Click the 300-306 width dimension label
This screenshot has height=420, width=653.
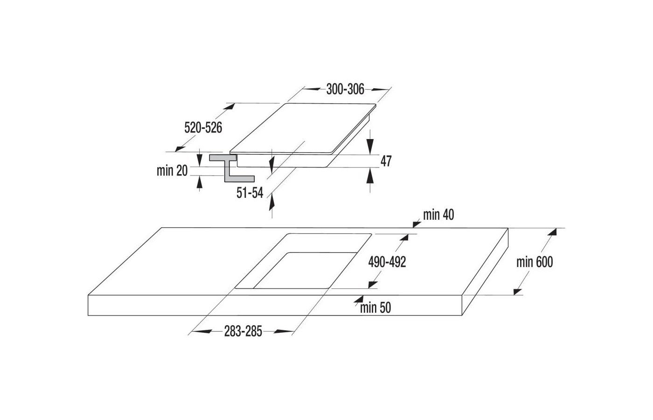click(x=345, y=89)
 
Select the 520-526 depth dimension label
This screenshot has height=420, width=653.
click(x=203, y=128)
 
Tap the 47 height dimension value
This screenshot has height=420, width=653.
click(x=386, y=161)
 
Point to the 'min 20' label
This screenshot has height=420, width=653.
click(x=172, y=171)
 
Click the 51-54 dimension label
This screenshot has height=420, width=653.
click(x=250, y=193)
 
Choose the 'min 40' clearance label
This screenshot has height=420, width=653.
click(x=438, y=215)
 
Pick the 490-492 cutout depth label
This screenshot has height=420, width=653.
click(x=387, y=262)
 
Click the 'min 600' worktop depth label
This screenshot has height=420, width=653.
click(x=535, y=262)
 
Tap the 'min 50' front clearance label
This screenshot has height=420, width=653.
click(x=375, y=308)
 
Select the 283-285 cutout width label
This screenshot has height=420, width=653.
click(x=243, y=331)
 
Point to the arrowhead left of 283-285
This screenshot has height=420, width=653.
click(x=201, y=332)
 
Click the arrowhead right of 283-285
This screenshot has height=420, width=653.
click(x=284, y=332)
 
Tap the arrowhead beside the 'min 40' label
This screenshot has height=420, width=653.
click(x=417, y=224)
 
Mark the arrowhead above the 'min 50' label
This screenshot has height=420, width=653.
click(x=359, y=299)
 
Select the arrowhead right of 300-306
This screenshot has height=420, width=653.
click(x=381, y=90)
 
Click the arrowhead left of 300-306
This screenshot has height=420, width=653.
click(x=313, y=89)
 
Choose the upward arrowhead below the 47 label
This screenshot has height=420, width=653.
click(x=370, y=176)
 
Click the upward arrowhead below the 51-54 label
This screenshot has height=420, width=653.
click(x=271, y=203)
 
